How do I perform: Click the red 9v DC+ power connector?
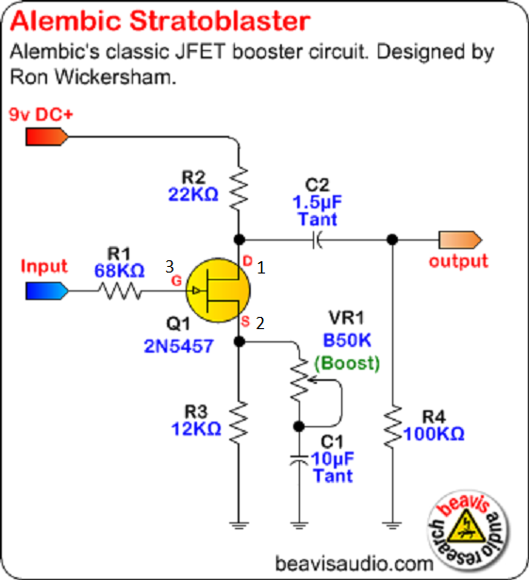click(47, 137)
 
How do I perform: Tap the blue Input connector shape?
click(47, 290)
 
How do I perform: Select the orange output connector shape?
click(460, 240)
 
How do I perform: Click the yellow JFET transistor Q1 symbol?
click(218, 290)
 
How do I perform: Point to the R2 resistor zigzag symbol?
click(239, 189)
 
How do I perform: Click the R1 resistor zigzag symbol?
click(120, 290)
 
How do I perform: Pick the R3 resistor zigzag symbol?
click(239, 423)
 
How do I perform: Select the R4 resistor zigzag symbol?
click(392, 426)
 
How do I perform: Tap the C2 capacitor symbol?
click(317, 240)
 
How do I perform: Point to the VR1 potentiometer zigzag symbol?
click(300, 379)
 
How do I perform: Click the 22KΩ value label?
click(193, 194)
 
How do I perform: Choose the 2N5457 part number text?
click(178, 346)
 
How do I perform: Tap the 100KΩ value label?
click(434, 434)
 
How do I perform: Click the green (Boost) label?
click(347, 363)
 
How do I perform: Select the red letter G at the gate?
click(176, 281)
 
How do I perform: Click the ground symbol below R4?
click(392, 525)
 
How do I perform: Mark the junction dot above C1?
click(299, 426)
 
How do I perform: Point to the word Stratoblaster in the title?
click(220, 21)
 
